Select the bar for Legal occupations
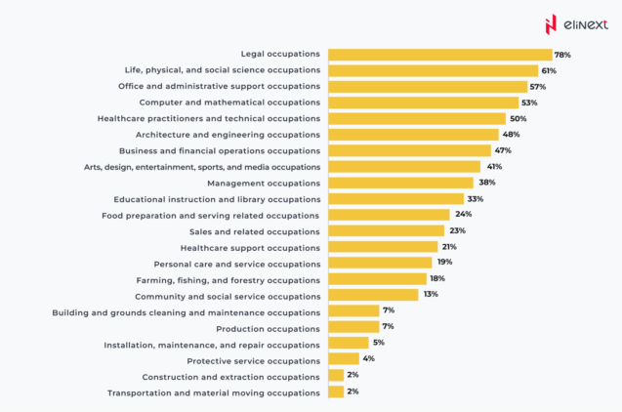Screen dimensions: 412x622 tap(439, 55)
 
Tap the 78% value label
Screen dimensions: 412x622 tap(562, 55)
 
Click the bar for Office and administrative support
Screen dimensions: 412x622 tap(427, 87)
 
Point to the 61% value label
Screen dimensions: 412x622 tap(549, 70)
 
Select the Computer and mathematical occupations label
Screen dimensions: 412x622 tap(228, 103)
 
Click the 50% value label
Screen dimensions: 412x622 tap(518, 119)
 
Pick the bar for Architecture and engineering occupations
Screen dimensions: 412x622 tap(413, 135)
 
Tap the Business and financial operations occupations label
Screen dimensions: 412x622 tap(219, 151)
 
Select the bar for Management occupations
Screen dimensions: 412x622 tap(400, 183)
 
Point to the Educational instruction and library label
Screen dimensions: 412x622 tap(216, 199)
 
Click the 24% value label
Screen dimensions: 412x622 tap(463, 215)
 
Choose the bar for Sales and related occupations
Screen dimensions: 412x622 tap(386, 231)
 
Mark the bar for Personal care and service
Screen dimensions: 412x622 tap(380, 263)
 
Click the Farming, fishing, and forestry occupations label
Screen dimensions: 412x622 tap(228, 279)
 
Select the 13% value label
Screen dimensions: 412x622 tap(431, 295)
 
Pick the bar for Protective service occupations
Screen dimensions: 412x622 tap(344, 359)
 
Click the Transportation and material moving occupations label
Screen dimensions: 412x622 tap(213, 392)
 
